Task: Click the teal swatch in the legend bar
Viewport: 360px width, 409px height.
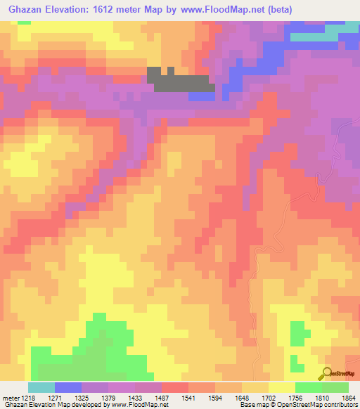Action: pyautogui.click(x=41, y=387)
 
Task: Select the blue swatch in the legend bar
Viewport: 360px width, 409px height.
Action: pyautogui.click(x=68, y=387)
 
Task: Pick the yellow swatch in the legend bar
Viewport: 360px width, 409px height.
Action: pyautogui.click(x=282, y=387)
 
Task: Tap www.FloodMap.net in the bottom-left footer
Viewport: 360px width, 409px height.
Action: pyautogui.click(x=134, y=405)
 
